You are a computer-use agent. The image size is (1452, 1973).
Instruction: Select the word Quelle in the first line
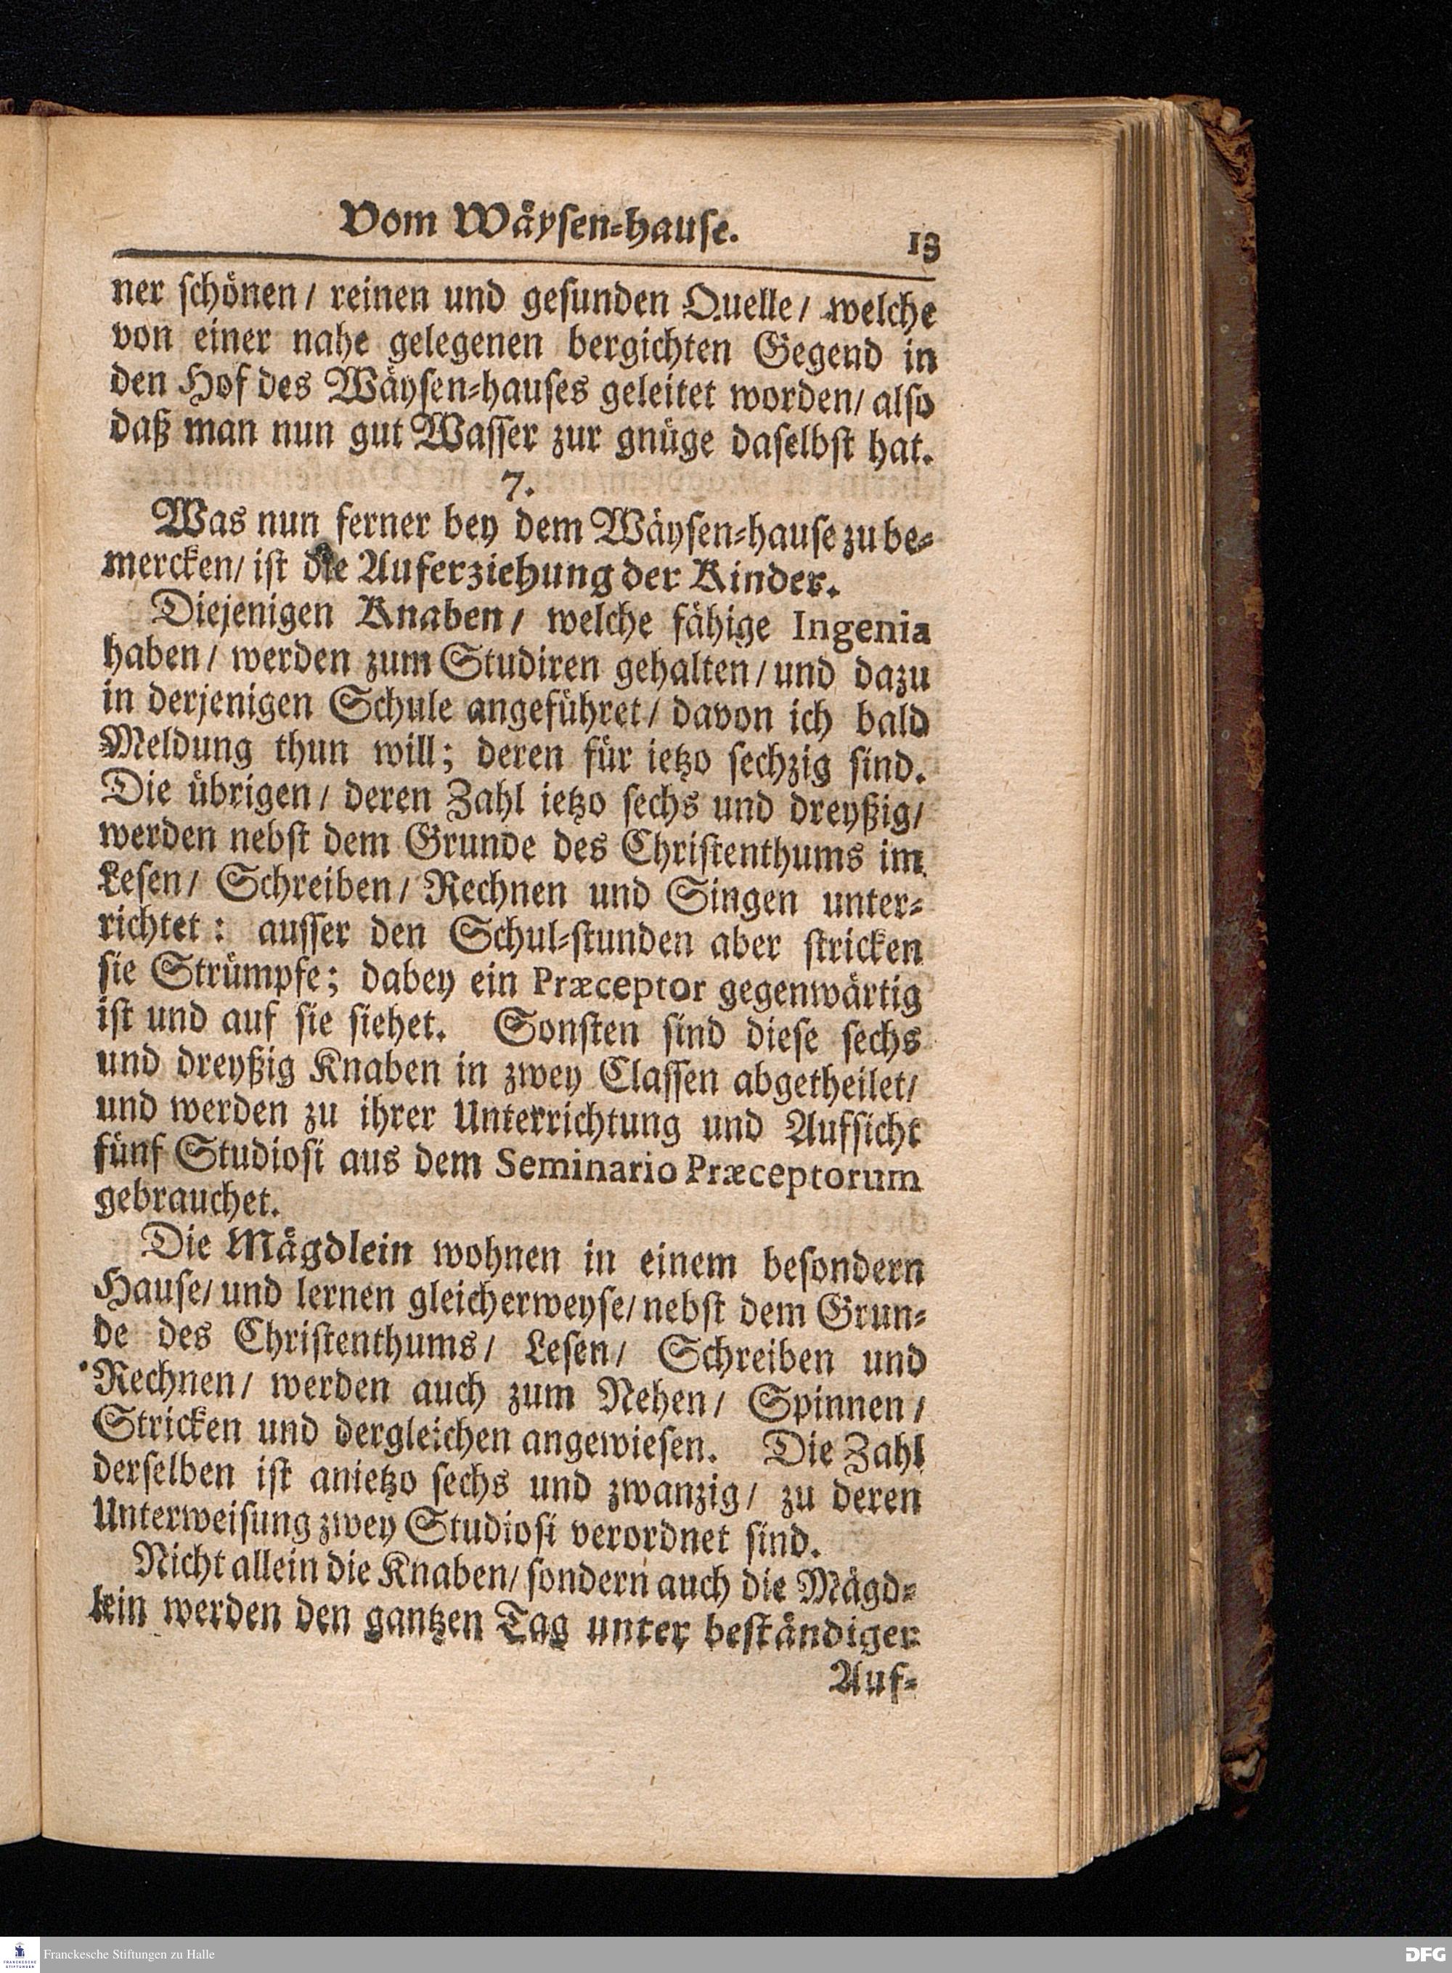pos(735,306)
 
